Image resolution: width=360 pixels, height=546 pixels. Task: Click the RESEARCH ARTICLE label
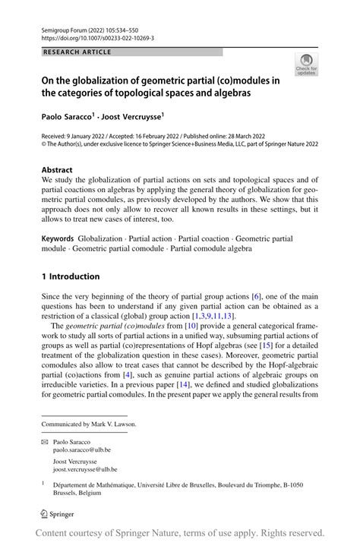(78, 52)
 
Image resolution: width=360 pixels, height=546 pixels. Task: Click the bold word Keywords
(59, 238)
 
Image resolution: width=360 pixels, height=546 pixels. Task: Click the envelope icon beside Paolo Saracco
(45, 440)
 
